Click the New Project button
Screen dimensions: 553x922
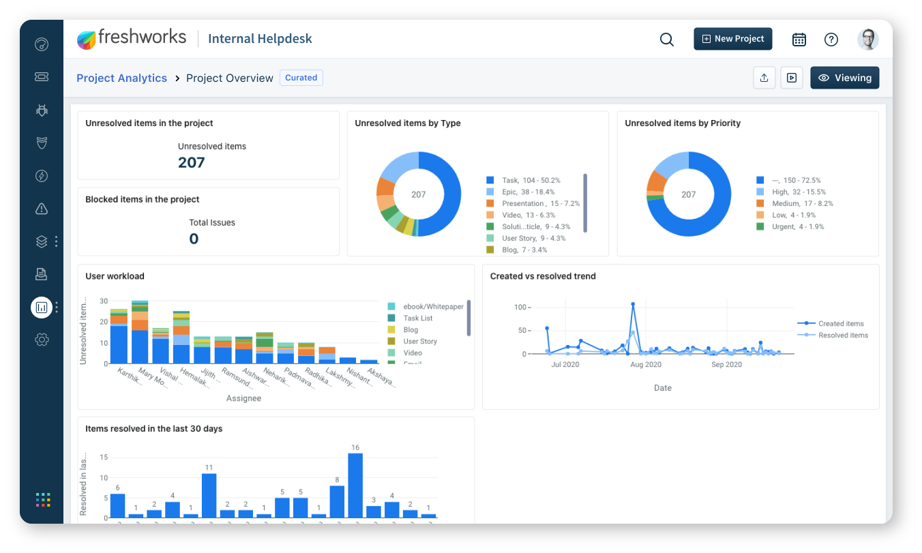pos(732,39)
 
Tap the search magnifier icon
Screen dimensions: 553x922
pos(666,40)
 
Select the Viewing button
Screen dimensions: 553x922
pos(844,78)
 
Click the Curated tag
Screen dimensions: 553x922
pos(301,78)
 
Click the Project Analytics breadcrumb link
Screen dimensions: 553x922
pos(121,78)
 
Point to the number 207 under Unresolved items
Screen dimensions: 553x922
pos(191,162)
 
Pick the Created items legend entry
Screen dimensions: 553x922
pos(840,324)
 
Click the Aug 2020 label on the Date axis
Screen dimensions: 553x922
pos(646,365)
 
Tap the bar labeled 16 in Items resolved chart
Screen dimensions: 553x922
pos(355,485)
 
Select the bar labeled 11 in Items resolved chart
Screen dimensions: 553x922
pos(209,495)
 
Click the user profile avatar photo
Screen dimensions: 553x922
pos(867,40)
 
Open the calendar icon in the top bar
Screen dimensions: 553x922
pos(799,40)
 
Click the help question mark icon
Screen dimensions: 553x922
pos(831,40)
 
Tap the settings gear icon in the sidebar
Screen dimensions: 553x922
pos(42,340)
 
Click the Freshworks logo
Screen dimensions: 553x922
pos(132,38)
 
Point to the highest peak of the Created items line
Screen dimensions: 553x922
pos(633,303)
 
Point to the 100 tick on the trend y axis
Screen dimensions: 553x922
pos(520,308)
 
